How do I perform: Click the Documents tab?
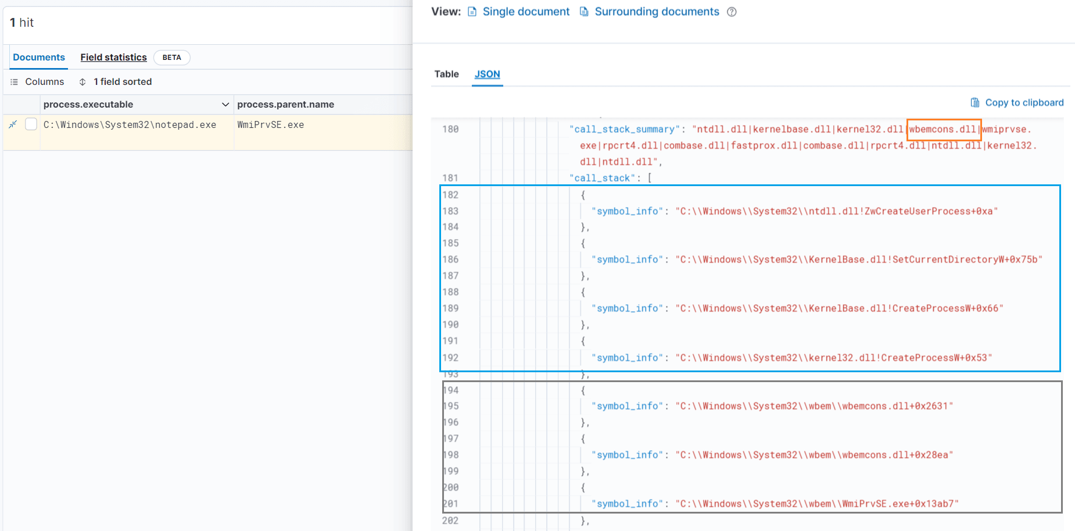pyautogui.click(x=39, y=57)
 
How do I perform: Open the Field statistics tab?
pyautogui.click(x=113, y=57)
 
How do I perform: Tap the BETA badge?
pyautogui.click(x=171, y=57)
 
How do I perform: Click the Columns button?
pyautogui.click(x=37, y=81)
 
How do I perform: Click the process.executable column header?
pyautogui.click(x=88, y=104)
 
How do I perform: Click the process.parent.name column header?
pyautogui.click(x=285, y=104)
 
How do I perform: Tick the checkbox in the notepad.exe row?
pyautogui.click(x=31, y=124)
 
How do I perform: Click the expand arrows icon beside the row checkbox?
pyautogui.click(x=13, y=124)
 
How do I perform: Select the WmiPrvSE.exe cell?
pyautogui.click(x=270, y=124)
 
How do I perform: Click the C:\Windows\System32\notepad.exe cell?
pyautogui.click(x=130, y=124)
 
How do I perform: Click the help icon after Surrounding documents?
pyautogui.click(x=732, y=12)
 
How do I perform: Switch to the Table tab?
pyautogui.click(x=446, y=74)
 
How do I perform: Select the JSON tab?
pyautogui.click(x=487, y=74)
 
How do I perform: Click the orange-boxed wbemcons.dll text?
pyautogui.click(x=943, y=129)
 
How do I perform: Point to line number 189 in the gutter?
pyautogui.click(x=450, y=308)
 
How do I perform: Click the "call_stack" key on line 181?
pyautogui.click(x=602, y=178)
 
